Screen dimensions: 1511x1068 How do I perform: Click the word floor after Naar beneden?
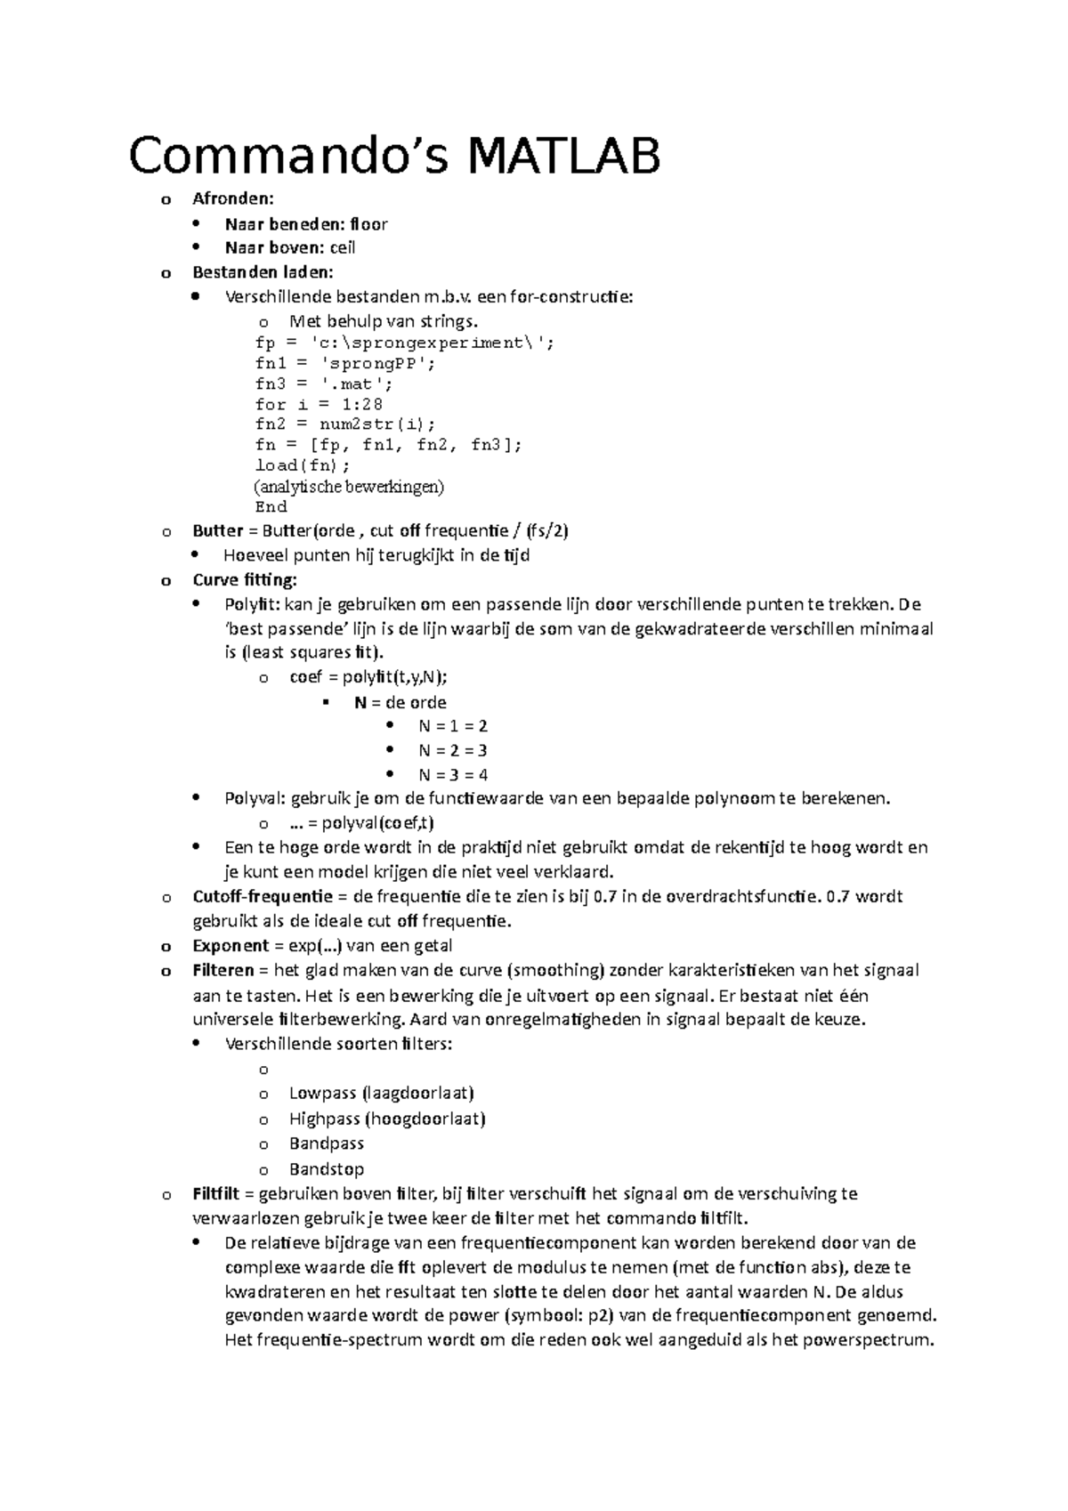click(x=368, y=223)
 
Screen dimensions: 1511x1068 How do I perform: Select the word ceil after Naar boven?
click(x=343, y=247)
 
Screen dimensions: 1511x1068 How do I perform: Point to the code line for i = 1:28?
click(x=319, y=404)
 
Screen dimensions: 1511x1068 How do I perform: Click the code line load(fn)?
click(x=303, y=465)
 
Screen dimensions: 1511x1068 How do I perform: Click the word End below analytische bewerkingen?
click(x=271, y=507)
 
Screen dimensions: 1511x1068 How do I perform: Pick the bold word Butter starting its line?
click(x=217, y=531)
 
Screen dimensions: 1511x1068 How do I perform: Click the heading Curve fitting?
click(x=245, y=580)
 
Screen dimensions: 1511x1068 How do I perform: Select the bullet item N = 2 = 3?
click(x=452, y=750)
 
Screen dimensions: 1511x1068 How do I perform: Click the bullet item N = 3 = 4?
click(x=452, y=774)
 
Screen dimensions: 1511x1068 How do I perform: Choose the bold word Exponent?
click(x=231, y=945)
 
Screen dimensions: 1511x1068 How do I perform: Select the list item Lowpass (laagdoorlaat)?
click(x=381, y=1093)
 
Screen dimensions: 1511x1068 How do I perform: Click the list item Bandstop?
click(x=326, y=1169)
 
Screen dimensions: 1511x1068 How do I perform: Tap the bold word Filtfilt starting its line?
click(x=216, y=1193)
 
